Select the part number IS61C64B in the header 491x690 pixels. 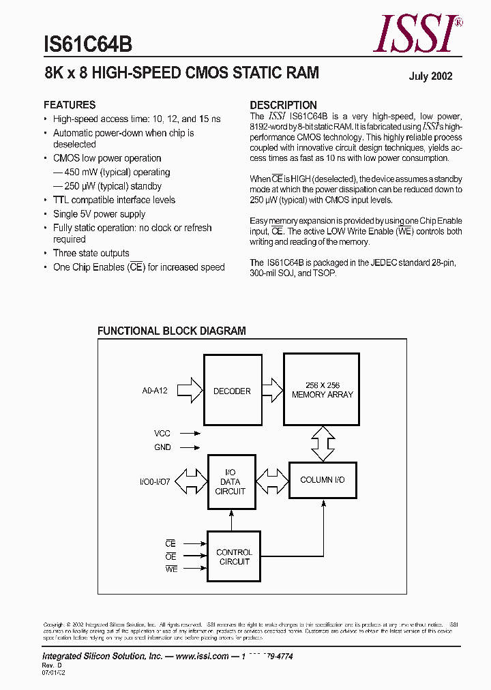[x=87, y=44]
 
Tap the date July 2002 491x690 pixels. [x=430, y=76]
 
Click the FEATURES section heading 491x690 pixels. [x=70, y=105]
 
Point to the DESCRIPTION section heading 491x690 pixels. [x=283, y=105]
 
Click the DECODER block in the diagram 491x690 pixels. [x=232, y=391]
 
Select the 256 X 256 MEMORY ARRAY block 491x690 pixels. [x=322, y=391]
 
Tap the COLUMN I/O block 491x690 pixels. [x=322, y=480]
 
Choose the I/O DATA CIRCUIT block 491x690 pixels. [x=230, y=481]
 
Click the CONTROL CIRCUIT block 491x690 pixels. [x=234, y=557]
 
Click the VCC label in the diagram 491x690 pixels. [x=162, y=433]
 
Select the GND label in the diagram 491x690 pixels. [x=162, y=447]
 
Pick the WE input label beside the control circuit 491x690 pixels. [x=170, y=569]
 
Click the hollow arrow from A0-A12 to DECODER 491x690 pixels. [x=194, y=391]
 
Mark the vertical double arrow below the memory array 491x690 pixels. [x=322, y=443]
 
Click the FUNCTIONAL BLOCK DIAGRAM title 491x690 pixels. [x=171, y=331]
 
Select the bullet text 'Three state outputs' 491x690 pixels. [x=91, y=253]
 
